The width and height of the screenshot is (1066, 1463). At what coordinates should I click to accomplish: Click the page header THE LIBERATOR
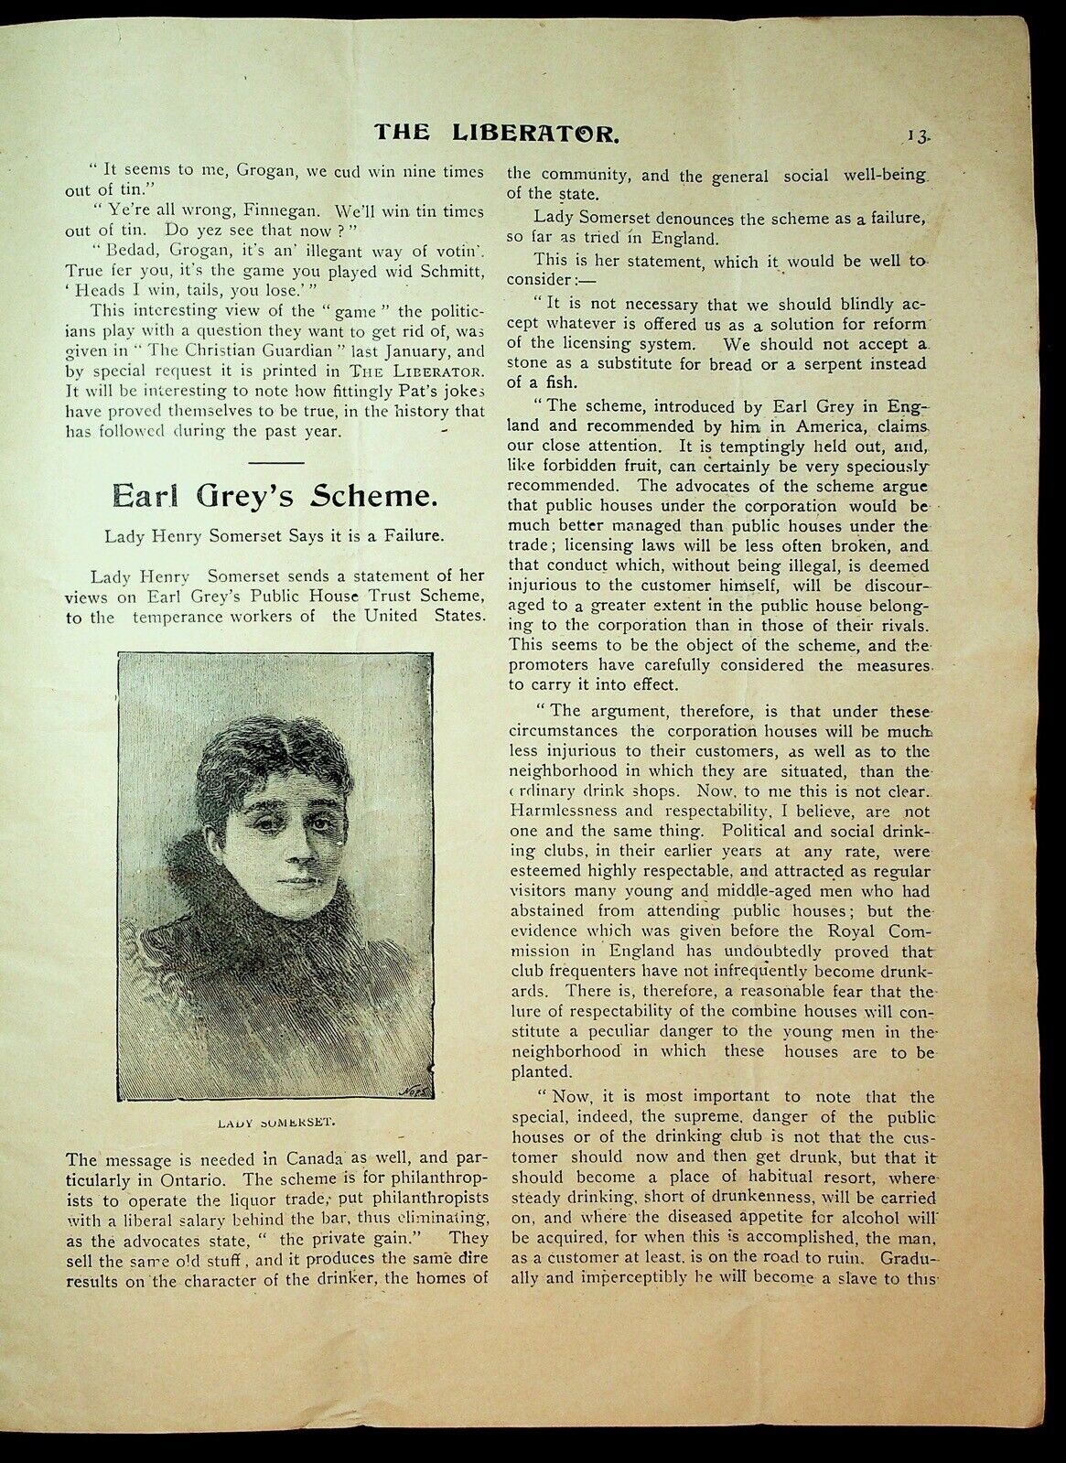[x=498, y=133]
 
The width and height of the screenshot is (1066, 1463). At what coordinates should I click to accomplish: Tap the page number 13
[x=918, y=134]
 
